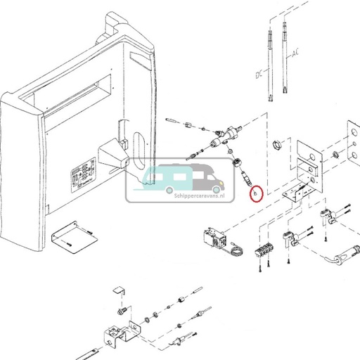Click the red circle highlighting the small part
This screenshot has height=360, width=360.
click(x=257, y=191)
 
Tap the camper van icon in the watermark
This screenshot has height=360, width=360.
click(x=172, y=178)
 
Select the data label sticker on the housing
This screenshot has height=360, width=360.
click(x=84, y=174)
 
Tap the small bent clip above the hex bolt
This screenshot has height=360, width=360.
click(x=119, y=292)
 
